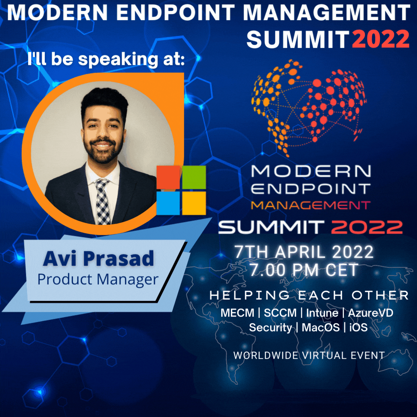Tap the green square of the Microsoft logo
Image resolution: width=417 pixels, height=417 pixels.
[194, 177]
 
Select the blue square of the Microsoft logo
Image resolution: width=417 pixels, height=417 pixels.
[168, 203]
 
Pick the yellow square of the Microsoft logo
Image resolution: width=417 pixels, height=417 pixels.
[194, 203]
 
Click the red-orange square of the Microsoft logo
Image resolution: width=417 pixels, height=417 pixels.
[168, 177]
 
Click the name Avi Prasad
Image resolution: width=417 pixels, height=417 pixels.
[98, 258]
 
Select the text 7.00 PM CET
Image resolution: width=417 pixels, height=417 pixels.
[303, 270]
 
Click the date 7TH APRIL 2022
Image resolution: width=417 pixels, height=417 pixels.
[304, 252]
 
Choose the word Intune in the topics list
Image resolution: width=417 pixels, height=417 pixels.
[322, 313]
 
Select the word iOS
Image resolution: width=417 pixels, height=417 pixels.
[358, 328]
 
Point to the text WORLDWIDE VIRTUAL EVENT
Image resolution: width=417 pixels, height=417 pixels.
[309, 355]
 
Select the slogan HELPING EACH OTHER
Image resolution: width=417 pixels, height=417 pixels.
[309, 295]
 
